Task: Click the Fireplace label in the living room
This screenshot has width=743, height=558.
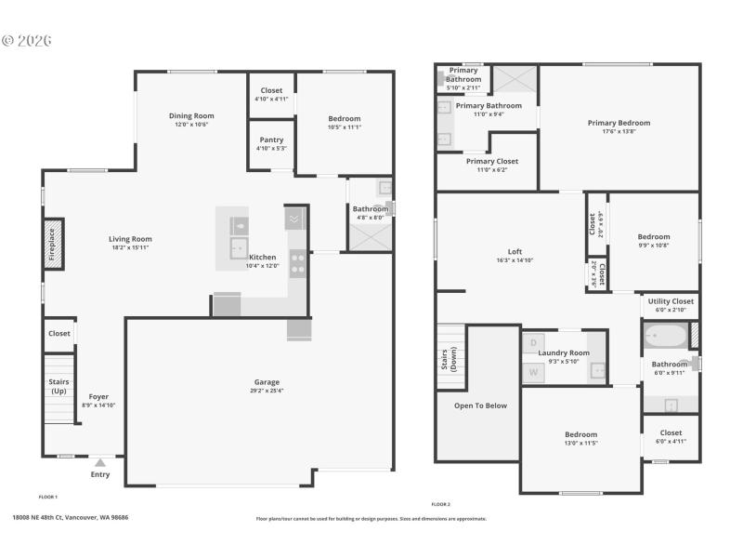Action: point(52,245)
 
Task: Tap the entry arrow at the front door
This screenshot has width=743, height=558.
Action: point(99,461)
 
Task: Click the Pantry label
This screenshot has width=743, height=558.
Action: point(271,139)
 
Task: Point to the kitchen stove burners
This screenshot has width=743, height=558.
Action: point(298,263)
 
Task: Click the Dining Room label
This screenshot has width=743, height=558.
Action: point(191,116)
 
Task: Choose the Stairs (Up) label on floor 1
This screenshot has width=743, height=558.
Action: point(59,386)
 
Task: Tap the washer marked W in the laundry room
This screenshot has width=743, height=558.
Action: point(533,372)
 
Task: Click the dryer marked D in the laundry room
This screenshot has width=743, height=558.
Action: point(533,343)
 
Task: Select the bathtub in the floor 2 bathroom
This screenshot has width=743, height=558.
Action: point(665,336)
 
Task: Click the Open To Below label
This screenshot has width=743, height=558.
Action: point(480,405)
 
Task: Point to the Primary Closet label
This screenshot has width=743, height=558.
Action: point(491,161)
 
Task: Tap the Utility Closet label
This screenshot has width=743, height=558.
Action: point(671,301)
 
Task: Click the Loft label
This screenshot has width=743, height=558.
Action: point(515,252)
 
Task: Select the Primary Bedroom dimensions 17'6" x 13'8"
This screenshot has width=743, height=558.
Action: point(619,132)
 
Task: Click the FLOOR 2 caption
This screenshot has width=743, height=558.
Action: point(441,504)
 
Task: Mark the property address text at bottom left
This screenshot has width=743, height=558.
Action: point(71,517)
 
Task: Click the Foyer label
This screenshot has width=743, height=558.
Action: point(98,397)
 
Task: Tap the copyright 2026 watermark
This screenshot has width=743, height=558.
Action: point(27,41)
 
